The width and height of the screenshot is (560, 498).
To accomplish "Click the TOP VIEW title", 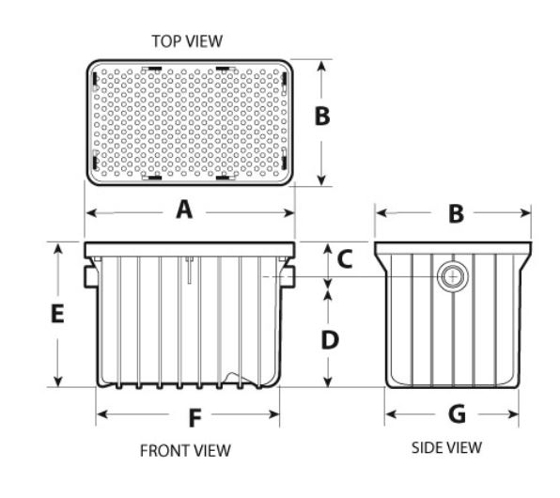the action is tap(187, 41).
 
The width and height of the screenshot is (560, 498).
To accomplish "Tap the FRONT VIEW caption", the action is tap(185, 450).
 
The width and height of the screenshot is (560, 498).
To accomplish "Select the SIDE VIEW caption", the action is tap(446, 447).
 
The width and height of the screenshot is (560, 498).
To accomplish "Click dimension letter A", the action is tap(184, 210).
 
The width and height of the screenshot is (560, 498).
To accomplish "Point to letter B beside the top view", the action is tap(322, 117).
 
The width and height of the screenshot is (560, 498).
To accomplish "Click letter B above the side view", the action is tap(457, 214).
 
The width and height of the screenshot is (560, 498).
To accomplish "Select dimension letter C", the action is tap(345, 259).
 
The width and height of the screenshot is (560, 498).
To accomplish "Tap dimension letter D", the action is tap(330, 340).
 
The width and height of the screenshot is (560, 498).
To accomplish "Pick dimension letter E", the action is tap(57, 314).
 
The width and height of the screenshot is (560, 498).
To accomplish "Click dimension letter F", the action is tap(195, 418).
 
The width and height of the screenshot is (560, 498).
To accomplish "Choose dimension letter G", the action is tap(457, 413).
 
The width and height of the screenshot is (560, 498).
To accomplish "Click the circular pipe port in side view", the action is tap(453, 276).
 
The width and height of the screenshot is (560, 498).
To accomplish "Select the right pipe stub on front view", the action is tap(288, 276).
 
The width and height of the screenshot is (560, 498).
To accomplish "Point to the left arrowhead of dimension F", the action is tap(102, 414).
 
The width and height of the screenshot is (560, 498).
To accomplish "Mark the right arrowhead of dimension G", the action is tap(513, 414).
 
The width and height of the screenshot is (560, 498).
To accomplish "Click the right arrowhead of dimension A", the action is tap(288, 213).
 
